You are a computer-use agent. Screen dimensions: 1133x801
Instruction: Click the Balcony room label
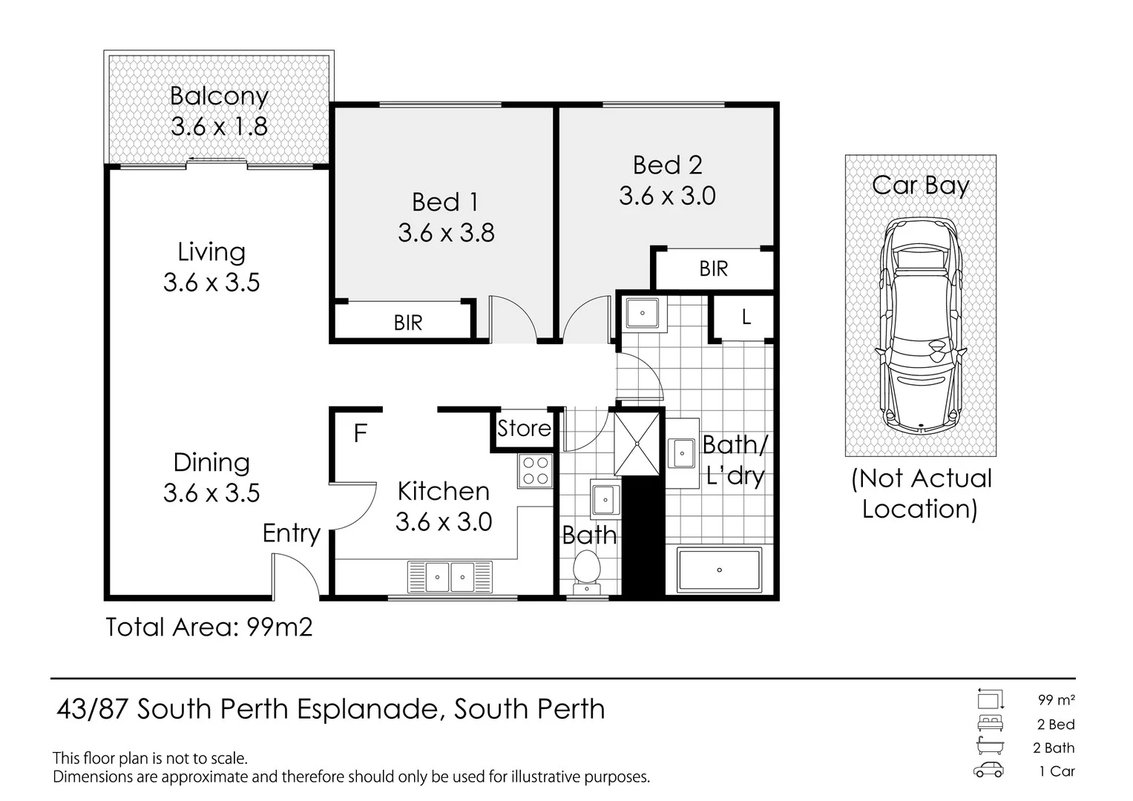[219, 96]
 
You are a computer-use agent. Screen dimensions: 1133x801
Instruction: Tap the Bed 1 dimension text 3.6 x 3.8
[446, 233]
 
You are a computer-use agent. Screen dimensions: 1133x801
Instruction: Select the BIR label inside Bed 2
[714, 269]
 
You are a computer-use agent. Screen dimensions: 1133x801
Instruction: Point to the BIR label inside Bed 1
[408, 323]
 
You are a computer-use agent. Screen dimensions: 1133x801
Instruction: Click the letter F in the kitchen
[360, 433]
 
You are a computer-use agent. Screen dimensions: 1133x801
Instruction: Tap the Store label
[524, 429]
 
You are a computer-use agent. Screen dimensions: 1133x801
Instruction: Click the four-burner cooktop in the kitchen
[535, 471]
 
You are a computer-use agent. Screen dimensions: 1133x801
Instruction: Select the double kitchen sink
[450, 576]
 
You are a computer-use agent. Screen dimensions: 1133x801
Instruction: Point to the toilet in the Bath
[587, 573]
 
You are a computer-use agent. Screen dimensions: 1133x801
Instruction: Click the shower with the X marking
[637, 444]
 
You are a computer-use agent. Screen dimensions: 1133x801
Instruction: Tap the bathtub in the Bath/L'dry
[719, 570]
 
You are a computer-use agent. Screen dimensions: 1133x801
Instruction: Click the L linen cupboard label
[746, 317]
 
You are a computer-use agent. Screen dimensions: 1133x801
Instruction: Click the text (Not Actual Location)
[922, 493]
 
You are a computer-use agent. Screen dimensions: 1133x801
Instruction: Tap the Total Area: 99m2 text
[209, 627]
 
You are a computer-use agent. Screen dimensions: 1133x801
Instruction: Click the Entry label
[292, 534]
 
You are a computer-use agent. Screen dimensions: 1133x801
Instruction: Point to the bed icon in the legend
[990, 723]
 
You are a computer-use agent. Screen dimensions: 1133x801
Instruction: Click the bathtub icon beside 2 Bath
[990, 746]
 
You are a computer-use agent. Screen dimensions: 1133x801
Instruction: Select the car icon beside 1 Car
[989, 770]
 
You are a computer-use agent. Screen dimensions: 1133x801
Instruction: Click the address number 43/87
[91, 709]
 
